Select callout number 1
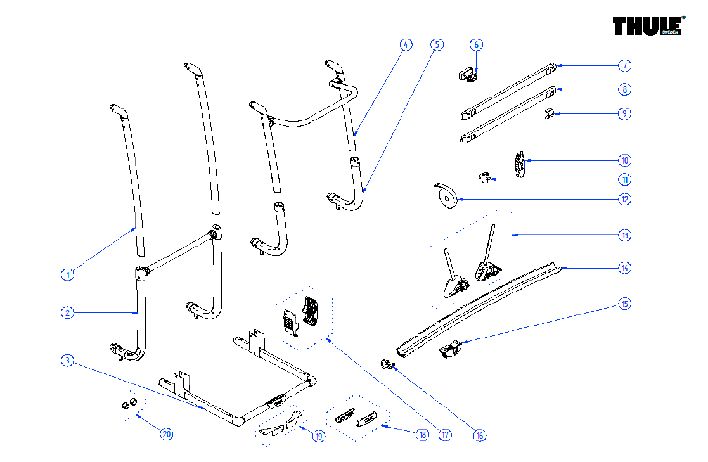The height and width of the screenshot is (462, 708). tap(68, 274)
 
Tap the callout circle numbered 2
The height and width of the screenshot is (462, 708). tap(68, 312)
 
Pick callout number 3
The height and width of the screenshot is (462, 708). tap(68, 361)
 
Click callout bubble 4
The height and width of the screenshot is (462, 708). tap(406, 44)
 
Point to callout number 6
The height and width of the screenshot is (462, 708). tap(477, 44)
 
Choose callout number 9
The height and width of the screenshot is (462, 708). tap(625, 113)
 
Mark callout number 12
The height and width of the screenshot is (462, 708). tap(625, 199)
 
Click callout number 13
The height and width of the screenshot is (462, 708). tap(625, 235)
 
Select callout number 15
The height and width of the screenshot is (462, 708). tap(625, 304)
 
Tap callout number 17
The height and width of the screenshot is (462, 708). tap(446, 435)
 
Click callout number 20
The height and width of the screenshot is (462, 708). tap(166, 434)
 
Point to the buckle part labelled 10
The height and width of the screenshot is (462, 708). tap(520, 165)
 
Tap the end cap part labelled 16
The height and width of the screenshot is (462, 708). tap(386, 363)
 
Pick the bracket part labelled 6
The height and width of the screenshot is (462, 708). tap(468, 74)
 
